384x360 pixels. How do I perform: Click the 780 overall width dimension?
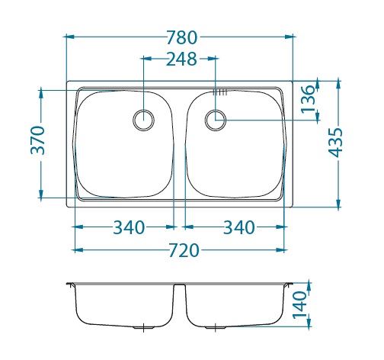[x=182, y=37]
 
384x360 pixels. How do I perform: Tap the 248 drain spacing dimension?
[x=181, y=59]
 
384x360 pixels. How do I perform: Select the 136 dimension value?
[x=308, y=99]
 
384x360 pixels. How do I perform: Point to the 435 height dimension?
[x=335, y=143]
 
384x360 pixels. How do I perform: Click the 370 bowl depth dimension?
[x=37, y=140]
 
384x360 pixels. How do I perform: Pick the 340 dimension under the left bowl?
[x=129, y=227]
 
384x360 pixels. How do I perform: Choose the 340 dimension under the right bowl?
[x=238, y=227]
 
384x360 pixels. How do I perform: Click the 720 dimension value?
[x=184, y=250]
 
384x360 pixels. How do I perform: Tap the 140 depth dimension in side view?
[x=299, y=305]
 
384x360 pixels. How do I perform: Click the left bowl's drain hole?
[x=144, y=120]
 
